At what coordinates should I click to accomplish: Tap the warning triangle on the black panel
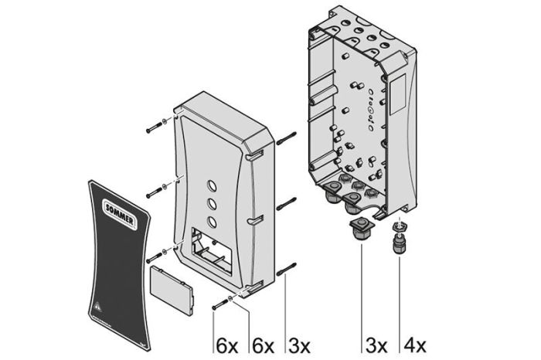tap(98, 305)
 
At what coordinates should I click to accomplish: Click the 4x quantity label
tap(411, 345)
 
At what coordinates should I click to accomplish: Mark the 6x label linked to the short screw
tap(226, 345)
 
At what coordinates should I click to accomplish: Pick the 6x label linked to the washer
tap(262, 345)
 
